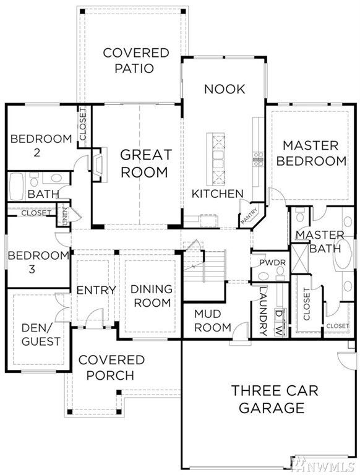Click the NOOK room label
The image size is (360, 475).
click(x=225, y=89)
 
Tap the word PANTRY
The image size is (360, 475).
click(x=249, y=215)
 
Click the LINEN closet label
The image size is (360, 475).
click(x=64, y=216)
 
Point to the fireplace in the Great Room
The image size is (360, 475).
click(x=100, y=165)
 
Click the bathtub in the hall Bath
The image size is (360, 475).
click(x=16, y=186)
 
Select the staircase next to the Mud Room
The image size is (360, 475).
click(x=205, y=267)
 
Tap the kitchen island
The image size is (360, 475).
click(x=216, y=159)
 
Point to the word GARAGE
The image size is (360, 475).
click(x=272, y=408)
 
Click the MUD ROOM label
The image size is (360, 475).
click(x=212, y=320)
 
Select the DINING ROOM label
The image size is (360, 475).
click(x=152, y=296)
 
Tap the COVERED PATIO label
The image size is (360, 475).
click(x=135, y=60)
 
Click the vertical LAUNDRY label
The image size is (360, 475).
click(x=263, y=311)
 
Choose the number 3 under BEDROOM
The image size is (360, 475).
click(x=32, y=269)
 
